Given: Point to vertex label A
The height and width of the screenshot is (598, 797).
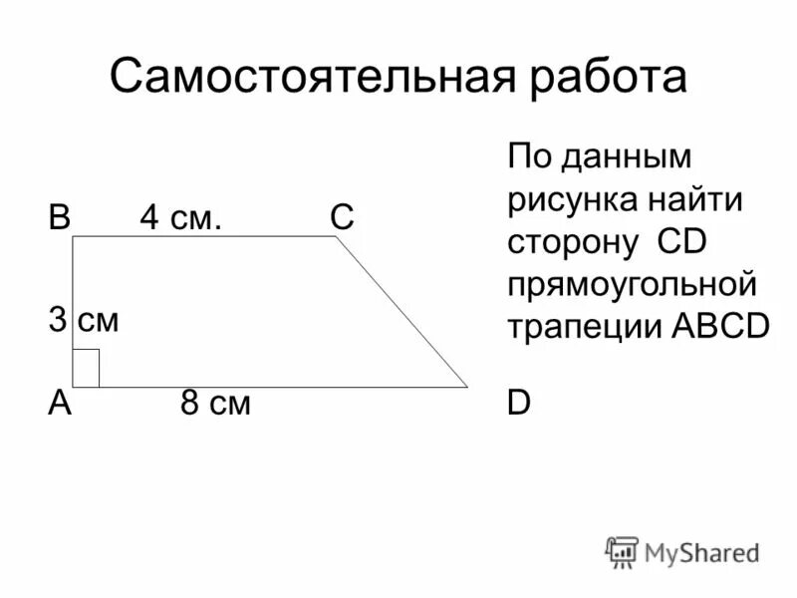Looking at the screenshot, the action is (x=59, y=404).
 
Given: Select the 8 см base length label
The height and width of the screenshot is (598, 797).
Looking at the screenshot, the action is (x=214, y=404).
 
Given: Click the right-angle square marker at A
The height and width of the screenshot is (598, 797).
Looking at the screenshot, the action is (x=86, y=368).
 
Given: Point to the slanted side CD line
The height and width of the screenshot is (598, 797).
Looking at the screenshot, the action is (x=402, y=310).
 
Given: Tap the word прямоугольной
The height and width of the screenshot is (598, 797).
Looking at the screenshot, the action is (x=633, y=285).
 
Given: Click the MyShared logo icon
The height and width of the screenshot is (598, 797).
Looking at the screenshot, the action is (x=622, y=551).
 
